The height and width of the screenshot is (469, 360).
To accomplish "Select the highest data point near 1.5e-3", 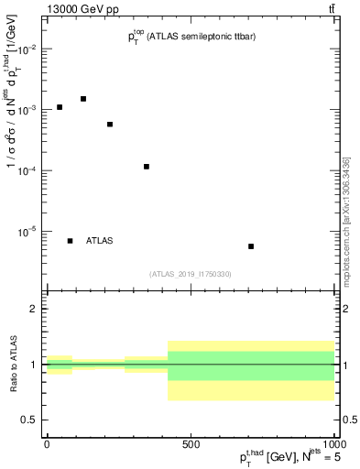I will pos(83,99).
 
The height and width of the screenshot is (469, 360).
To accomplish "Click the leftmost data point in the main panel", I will pos(60,107).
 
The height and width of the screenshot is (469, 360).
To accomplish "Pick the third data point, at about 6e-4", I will pos(110,125).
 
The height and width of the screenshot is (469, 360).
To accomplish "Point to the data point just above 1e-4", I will pos(147,167).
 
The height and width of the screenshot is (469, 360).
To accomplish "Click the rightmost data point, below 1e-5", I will pos(251,246).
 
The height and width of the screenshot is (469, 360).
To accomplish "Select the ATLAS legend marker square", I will pos(71,241).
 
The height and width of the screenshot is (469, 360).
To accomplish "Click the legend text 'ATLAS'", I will pos(100,241).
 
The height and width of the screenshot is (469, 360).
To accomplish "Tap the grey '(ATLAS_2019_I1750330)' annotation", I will pos(191,274).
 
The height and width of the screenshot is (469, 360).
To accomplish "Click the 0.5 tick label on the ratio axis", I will pos(30,420).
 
